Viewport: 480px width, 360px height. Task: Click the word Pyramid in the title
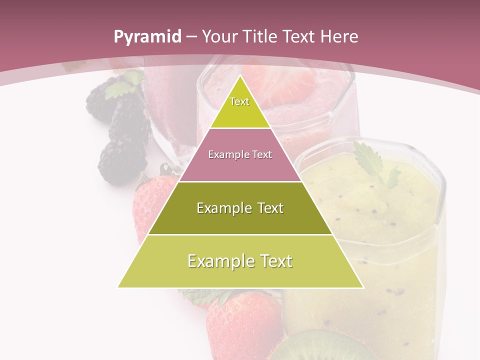click(147, 37)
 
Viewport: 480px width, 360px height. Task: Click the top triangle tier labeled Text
click(239, 107)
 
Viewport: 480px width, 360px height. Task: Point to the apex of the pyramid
click(240, 76)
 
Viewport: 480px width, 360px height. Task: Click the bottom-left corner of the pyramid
click(118, 287)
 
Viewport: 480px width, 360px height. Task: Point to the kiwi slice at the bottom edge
click(320, 347)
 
